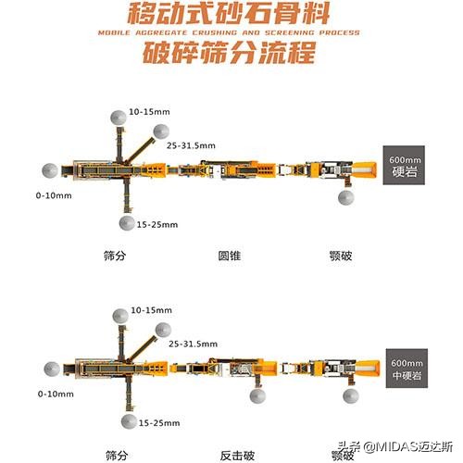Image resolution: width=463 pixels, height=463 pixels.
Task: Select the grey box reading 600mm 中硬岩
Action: tap(405, 369)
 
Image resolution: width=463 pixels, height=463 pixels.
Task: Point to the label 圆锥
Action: tap(230, 255)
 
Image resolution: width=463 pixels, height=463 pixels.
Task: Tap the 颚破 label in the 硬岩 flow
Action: tap(340, 255)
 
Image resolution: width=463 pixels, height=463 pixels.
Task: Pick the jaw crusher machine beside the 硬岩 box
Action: tap(338, 169)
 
